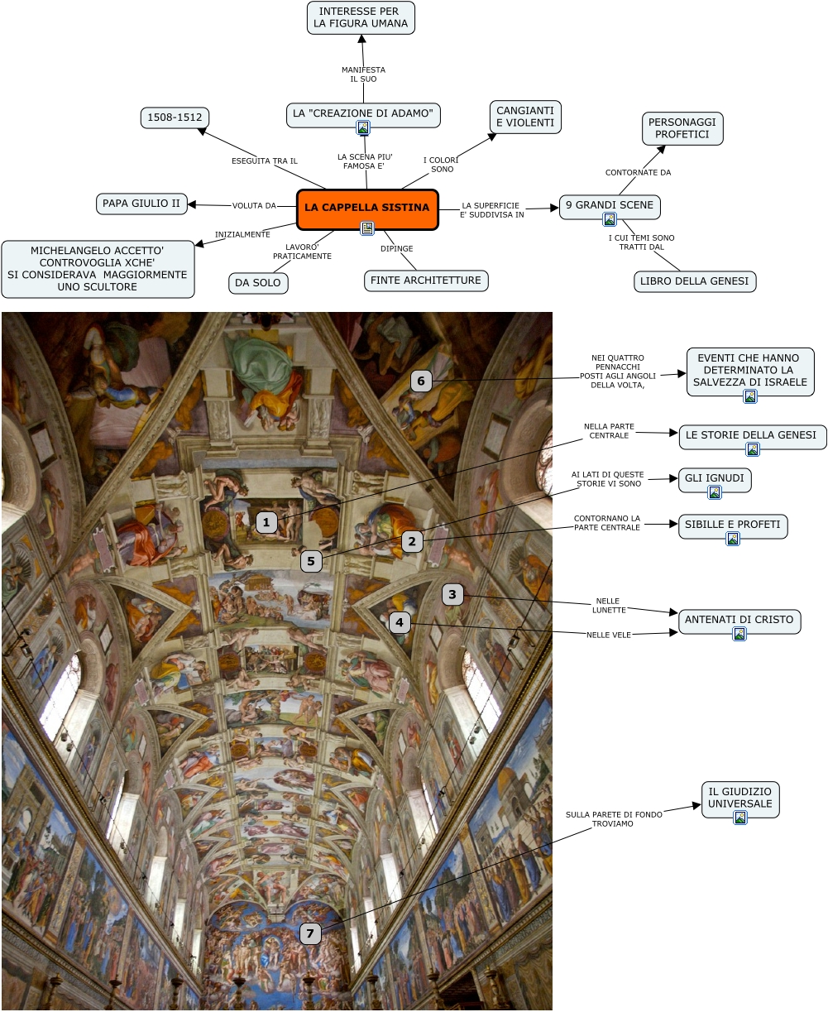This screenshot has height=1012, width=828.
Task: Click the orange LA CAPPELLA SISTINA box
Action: coord(366,209)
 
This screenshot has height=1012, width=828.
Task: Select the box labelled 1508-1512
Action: coord(175,118)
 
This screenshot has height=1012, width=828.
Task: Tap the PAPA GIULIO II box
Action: coord(141,204)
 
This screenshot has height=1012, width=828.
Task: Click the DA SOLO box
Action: coord(258,283)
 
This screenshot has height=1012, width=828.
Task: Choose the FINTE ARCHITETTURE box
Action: coord(426,281)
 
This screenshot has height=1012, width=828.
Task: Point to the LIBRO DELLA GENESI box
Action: coord(695,281)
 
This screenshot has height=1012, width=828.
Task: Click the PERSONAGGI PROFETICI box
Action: coord(682,128)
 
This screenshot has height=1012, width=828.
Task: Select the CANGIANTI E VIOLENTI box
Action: coord(525,117)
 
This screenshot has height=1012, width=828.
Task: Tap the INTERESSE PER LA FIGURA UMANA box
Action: coord(361,17)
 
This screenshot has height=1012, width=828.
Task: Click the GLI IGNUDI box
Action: coord(715,478)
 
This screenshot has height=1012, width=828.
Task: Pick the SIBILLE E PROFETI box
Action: coord(733,525)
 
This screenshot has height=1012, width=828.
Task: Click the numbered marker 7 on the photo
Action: coord(310,934)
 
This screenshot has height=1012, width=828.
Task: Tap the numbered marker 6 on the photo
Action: coord(421,381)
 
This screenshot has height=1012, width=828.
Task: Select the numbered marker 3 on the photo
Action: coord(452,594)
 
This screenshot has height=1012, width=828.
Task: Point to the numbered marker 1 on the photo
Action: coord(266,522)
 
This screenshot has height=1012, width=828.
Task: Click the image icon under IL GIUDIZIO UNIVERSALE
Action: coord(740,818)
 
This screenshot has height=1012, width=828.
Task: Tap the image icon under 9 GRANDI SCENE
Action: coord(610,219)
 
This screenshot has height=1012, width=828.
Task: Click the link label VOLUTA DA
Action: coord(254,206)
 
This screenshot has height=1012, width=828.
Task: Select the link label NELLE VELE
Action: coord(609,635)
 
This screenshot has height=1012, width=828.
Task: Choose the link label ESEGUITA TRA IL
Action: coord(264,161)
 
